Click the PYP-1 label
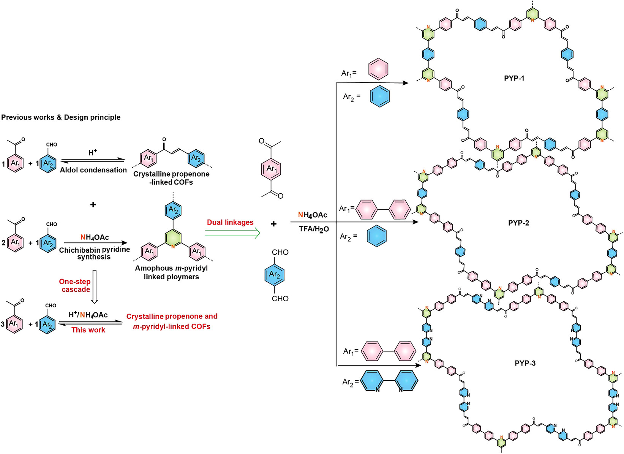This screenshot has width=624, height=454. [514, 78]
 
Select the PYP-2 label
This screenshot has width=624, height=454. [518, 223]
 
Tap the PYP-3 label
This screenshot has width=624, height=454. [525, 363]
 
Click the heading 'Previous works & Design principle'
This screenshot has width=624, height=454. [61, 117]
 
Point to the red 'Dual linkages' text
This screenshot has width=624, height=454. [230, 222]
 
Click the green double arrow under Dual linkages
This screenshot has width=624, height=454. [232, 233]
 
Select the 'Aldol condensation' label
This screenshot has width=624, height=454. [93, 170]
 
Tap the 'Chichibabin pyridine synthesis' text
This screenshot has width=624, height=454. [95, 253]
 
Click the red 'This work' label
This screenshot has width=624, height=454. [88, 330]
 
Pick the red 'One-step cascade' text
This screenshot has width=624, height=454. [75, 285]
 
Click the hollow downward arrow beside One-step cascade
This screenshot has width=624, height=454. [95, 286]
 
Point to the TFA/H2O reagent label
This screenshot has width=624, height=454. [314, 229]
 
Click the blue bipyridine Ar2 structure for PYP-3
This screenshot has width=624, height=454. [389, 380]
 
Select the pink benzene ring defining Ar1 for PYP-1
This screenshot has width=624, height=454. [378, 69]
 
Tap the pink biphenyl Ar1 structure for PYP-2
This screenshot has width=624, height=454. [383, 209]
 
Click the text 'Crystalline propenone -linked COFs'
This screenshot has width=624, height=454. [171, 178]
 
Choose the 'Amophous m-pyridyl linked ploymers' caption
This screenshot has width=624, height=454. [171, 272]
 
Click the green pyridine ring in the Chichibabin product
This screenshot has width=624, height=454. [173, 237]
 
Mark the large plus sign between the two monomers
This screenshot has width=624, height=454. [273, 224]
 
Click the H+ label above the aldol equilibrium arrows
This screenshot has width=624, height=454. [93, 152]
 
